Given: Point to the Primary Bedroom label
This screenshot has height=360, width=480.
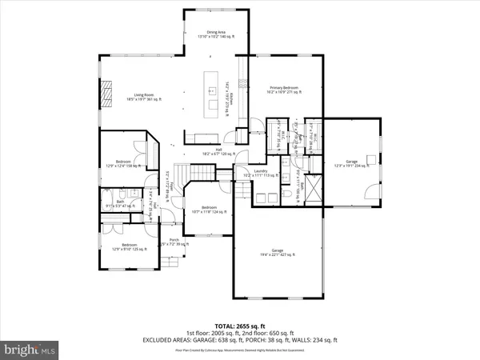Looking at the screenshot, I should click(284, 90).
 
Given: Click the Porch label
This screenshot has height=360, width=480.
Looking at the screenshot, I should click(173, 242).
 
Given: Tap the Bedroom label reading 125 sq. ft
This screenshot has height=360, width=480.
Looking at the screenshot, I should click(129, 246).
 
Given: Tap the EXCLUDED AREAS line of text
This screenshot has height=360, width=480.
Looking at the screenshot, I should click(240, 341).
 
